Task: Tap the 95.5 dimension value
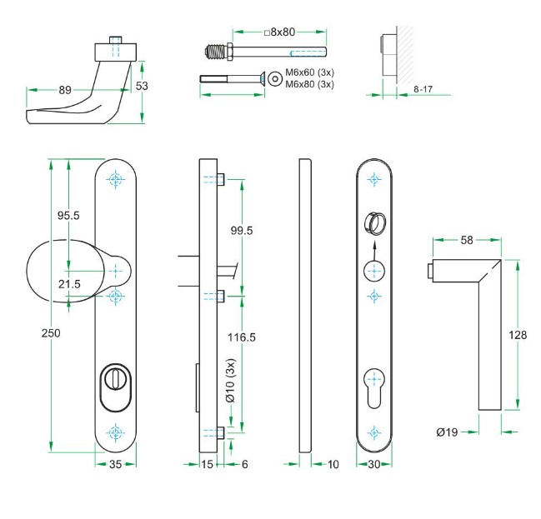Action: click(x=68, y=216)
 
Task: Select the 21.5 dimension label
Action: click(x=70, y=284)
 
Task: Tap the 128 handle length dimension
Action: click(x=518, y=335)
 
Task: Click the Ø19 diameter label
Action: click(x=446, y=432)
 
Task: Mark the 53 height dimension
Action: click(x=142, y=86)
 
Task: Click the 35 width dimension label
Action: click(x=116, y=464)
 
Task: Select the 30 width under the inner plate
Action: click(x=373, y=464)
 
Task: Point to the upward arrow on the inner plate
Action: click(x=373, y=244)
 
